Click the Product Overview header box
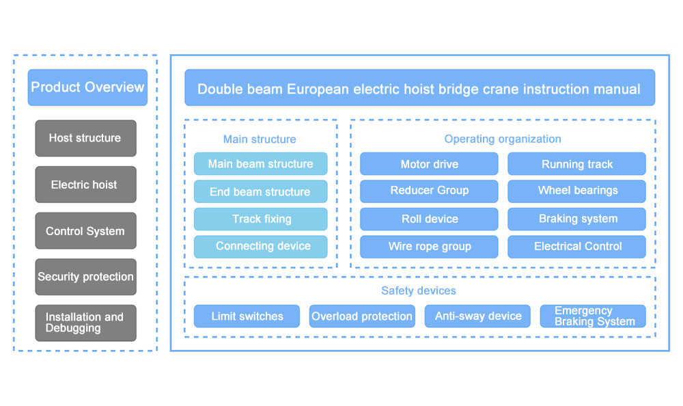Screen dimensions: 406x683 [87, 87]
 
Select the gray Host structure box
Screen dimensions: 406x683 [85, 138]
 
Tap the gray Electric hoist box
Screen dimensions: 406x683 [85, 185]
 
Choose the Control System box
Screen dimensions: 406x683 [85, 231]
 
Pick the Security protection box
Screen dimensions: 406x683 [85, 277]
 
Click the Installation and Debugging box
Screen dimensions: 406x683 [85, 323]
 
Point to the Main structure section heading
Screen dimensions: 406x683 [260, 139]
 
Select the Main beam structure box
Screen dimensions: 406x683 [260, 164]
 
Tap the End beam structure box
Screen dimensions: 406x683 [260, 192]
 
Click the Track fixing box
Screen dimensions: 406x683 [260, 219]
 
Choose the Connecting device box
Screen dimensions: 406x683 [260, 246]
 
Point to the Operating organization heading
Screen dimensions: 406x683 [503, 139]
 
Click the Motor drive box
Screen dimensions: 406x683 [429, 164]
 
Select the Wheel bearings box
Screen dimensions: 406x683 [577, 191]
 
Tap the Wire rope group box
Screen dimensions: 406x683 [429, 246]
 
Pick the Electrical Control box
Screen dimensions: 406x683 [577, 246]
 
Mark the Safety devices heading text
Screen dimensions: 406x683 [419, 290]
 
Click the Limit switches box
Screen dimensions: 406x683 [247, 316]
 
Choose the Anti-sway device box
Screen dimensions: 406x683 [477, 316]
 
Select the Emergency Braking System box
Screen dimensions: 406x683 [593, 316]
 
